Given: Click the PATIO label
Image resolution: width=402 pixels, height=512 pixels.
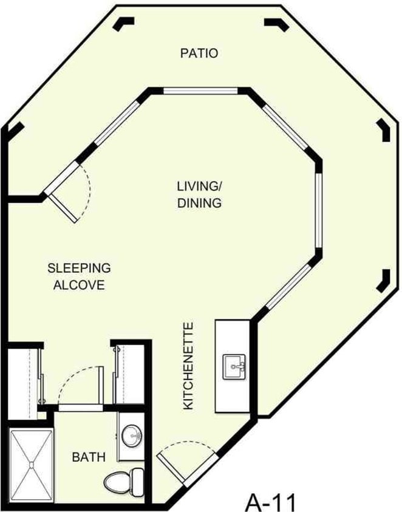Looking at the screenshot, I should point(199,53).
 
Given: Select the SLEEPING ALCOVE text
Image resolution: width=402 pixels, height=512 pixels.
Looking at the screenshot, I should point(79,276).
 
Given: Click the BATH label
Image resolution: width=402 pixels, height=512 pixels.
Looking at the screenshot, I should point(89,456).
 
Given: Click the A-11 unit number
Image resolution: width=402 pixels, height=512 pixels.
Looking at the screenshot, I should point(271,502).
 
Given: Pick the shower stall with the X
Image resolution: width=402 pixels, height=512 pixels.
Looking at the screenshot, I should point(30,463).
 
